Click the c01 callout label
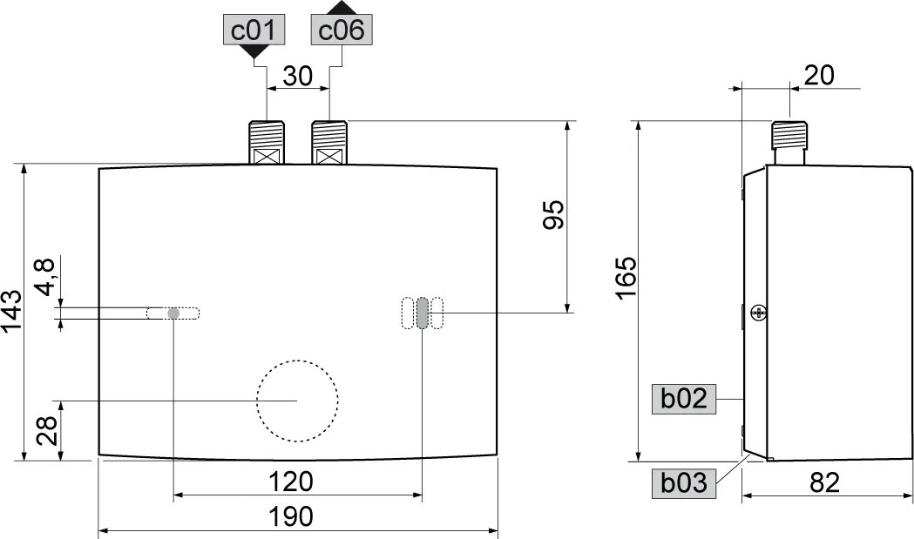pyautogui.click(x=253, y=31)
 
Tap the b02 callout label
pyautogui.click(x=683, y=400)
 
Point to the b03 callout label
pyautogui.click(x=683, y=482)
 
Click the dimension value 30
pyautogui.click(x=298, y=77)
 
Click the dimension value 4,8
pyautogui.click(x=44, y=277)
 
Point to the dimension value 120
pyautogui.click(x=291, y=482)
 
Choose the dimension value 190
pyautogui.click(x=291, y=516)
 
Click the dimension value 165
pyautogui.click(x=626, y=277)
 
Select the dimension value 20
pyautogui.click(x=818, y=76)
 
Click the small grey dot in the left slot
pyautogui.click(x=173, y=313)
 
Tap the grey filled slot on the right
pyautogui.click(x=423, y=313)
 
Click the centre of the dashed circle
pyautogui.click(x=297, y=401)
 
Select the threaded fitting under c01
pyautogui.click(x=267, y=142)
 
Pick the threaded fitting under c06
pyautogui.click(x=329, y=142)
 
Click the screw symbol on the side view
pyautogui.click(x=758, y=311)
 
